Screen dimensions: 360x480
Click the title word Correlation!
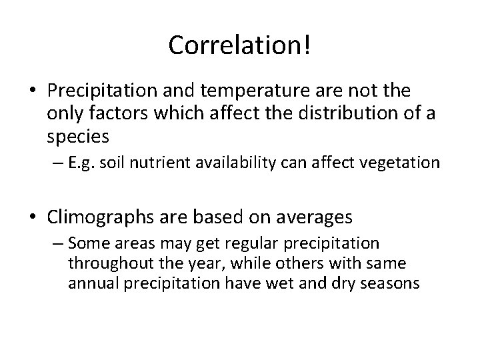240,45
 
